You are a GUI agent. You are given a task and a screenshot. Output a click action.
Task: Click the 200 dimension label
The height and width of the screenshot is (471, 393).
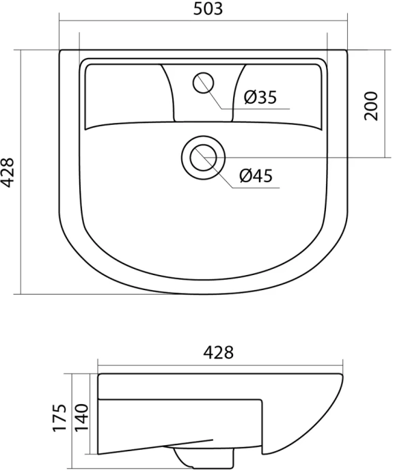pos(371,105)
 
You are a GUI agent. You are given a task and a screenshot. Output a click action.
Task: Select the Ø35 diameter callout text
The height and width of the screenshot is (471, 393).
pos(260,98)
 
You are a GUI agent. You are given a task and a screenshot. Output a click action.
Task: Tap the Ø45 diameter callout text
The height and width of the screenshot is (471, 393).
pos(256,176)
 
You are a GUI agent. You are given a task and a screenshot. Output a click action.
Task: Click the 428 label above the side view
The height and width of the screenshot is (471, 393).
pos(219,352)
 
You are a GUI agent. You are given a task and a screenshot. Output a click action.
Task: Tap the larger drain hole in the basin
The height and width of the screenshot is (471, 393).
pos(202,157)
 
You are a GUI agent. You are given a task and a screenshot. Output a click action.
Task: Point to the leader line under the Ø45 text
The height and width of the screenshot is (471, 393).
pos(256,188)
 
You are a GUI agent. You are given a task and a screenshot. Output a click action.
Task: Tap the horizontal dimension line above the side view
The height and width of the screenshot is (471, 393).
pos(219,362)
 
